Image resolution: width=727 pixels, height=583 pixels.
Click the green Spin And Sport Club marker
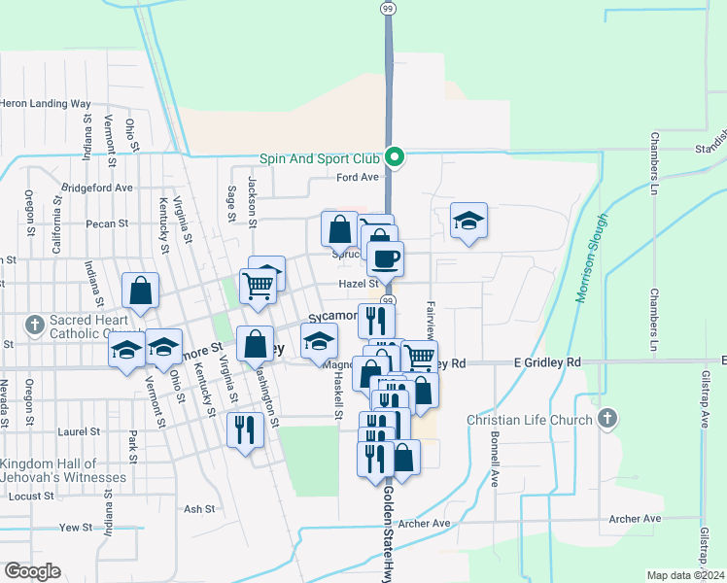pos(395,156)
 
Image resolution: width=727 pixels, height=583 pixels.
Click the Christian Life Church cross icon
pos(607,420)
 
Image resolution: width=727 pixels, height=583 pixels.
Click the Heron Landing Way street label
pos(46,103)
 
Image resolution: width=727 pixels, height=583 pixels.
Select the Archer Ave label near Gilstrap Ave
pos(635,520)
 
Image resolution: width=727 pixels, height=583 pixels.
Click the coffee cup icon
pos(386,257)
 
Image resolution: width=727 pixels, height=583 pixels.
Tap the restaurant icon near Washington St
pos(245,428)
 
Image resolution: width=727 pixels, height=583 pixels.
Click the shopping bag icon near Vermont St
pos(140,290)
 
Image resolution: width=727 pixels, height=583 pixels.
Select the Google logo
pos(32,571)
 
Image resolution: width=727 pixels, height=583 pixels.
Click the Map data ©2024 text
pos(685,575)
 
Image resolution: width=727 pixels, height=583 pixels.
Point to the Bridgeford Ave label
pos(97,188)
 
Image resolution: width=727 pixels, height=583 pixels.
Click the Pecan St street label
pos(107,223)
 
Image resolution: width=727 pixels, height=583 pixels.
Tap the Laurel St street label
pos(80,431)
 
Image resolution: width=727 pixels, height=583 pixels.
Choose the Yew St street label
pos(74,528)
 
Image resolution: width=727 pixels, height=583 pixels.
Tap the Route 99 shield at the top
pos(388,8)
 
